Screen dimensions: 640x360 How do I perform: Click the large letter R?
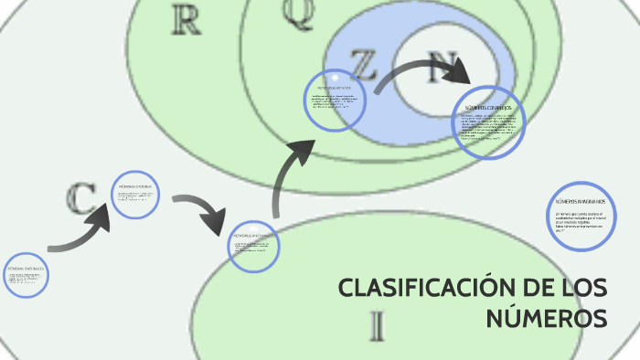(186, 20)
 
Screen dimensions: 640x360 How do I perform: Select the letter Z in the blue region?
(363, 65)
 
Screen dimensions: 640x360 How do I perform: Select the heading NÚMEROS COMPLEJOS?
(488, 108)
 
